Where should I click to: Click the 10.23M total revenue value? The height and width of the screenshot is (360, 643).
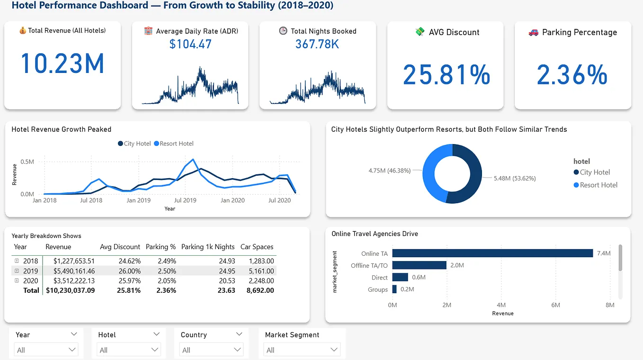point(62,64)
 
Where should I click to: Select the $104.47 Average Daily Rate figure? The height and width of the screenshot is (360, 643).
point(190,45)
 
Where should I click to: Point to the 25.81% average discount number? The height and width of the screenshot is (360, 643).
point(446,75)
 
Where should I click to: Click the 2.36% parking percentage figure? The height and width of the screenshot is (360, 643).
point(572,75)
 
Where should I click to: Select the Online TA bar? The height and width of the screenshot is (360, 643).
point(492,253)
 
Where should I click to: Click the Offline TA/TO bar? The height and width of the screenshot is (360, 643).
point(419,265)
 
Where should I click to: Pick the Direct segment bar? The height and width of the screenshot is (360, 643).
point(400,277)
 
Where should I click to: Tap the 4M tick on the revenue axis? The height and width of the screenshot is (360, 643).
point(501,305)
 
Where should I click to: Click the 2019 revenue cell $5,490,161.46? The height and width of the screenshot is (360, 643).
point(74,271)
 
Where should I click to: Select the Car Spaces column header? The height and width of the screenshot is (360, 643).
point(257,247)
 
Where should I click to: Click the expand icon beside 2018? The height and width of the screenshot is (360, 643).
point(17,261)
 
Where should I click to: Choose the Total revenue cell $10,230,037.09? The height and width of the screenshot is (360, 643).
point(70,290)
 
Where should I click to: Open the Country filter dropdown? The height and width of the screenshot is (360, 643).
point(212,350)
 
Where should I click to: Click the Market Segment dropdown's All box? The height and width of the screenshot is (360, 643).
point(302,350)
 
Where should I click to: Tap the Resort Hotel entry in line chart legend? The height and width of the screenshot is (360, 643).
point(173,144)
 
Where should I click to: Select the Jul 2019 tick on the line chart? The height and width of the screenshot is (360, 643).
point(185,200)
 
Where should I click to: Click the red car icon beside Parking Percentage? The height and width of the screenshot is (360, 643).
point(533,32)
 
